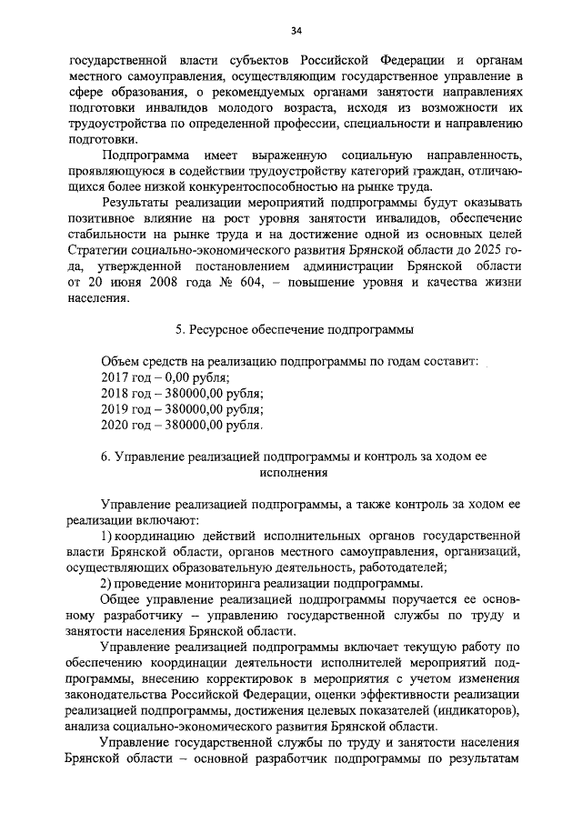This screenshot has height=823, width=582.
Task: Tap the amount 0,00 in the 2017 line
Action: tap(185, 377)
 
